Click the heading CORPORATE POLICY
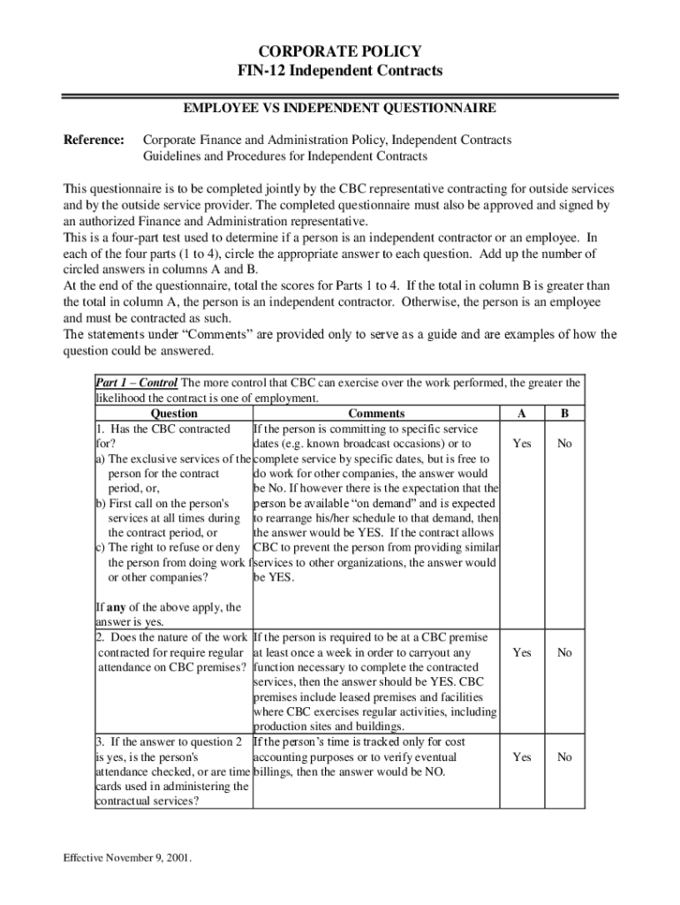pos(339,51)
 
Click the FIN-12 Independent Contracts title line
pos(339,70)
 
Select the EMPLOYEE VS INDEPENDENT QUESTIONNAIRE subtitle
pos(339,109)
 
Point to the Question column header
pos(174,414)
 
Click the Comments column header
pos(376,414)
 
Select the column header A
pos(522,414)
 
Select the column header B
pos(564,414)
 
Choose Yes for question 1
pos(522,444)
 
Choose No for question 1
pos(564,444)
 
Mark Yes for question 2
pos(522,652)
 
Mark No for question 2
pos(564,652)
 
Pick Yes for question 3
pos(522,757)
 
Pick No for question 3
pos(564,757)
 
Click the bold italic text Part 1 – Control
pos(137,384)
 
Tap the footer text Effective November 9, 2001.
pos(127,858)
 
